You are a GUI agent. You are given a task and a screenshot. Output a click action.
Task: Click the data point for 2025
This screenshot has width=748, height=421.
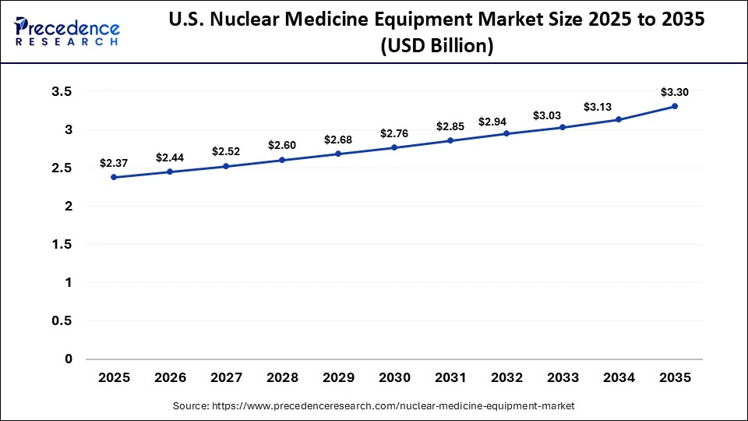(x=114, y=177)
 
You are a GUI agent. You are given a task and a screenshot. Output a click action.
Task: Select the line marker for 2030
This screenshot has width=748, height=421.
(x=394, y=147)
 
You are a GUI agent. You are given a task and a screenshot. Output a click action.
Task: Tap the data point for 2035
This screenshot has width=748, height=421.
(x=675, y=106)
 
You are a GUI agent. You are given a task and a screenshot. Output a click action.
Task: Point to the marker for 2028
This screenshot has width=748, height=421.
(x=282, y=160)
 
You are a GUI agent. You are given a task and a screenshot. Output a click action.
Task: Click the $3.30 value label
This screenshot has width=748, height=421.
(x=675, y=91)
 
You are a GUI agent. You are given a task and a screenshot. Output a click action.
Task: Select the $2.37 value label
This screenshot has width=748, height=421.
(x=114, y=162)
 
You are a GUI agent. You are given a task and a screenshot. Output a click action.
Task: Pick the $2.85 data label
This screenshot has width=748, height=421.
(x=450, y=126)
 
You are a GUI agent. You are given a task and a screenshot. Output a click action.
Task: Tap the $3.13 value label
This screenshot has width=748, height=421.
(x=597, y=106)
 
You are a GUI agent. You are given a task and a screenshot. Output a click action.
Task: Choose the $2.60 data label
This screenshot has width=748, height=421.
(x=282, y=145)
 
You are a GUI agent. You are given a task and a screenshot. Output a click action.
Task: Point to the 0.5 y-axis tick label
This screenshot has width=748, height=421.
(x=61, y=321)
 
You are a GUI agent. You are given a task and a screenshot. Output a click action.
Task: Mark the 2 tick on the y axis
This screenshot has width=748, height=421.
(x=68, y=207)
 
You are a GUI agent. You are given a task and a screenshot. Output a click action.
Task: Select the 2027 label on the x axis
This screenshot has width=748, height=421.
(x=226, y=377)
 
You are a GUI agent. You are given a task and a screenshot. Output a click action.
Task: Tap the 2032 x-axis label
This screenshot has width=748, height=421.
(x=506, y=377)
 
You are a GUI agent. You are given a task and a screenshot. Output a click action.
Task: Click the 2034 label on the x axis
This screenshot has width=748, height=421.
(x=619, y=377)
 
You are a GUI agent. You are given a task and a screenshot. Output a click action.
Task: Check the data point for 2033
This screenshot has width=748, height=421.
(x=563, y=127)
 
